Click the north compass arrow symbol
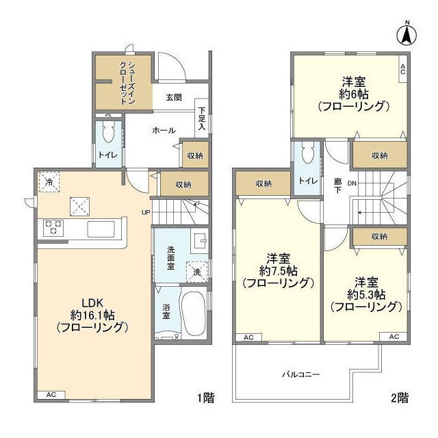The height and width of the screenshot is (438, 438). click(406, 34)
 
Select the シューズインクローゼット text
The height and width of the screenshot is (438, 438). click(127, 81)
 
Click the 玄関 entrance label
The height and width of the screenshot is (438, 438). click(173, 98)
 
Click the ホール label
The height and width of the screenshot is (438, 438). click(164, 130)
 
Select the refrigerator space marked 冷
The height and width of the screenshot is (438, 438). click(49, 181)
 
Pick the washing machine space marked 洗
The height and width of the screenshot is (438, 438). click(197, 271)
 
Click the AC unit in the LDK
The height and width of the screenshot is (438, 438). click(51, 396)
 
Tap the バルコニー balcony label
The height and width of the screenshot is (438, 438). click(301, 374)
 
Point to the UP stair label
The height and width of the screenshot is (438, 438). click(145, 211)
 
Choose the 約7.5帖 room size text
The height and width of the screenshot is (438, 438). click(279, 270)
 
